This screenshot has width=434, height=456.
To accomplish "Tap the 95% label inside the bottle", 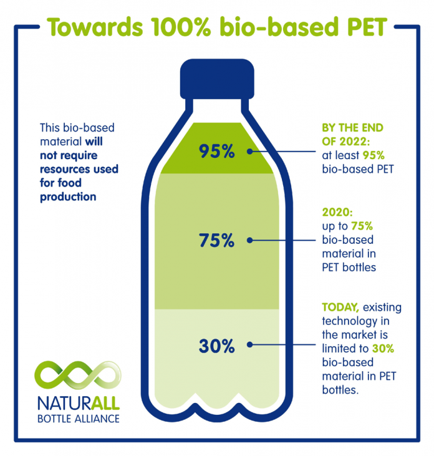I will [x=216, y=152].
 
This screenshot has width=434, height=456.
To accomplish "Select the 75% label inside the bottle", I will [x=216, y=240].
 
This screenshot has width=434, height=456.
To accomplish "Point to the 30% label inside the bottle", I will [x=216, y=345].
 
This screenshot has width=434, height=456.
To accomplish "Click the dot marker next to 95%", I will [x=250, y=151].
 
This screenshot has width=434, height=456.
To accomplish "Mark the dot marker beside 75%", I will [x=250, y=240].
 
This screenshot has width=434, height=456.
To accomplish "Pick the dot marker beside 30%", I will [x=250, y=344].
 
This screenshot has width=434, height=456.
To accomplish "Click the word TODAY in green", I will [x=340, y=308].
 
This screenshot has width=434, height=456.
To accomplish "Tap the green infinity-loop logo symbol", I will [x=77, y=374].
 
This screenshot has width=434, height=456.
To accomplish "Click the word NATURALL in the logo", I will [x=78, y=401].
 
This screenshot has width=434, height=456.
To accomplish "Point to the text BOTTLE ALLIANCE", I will [x=78, y=418].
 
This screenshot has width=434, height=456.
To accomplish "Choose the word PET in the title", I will [x=360, y=27].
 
